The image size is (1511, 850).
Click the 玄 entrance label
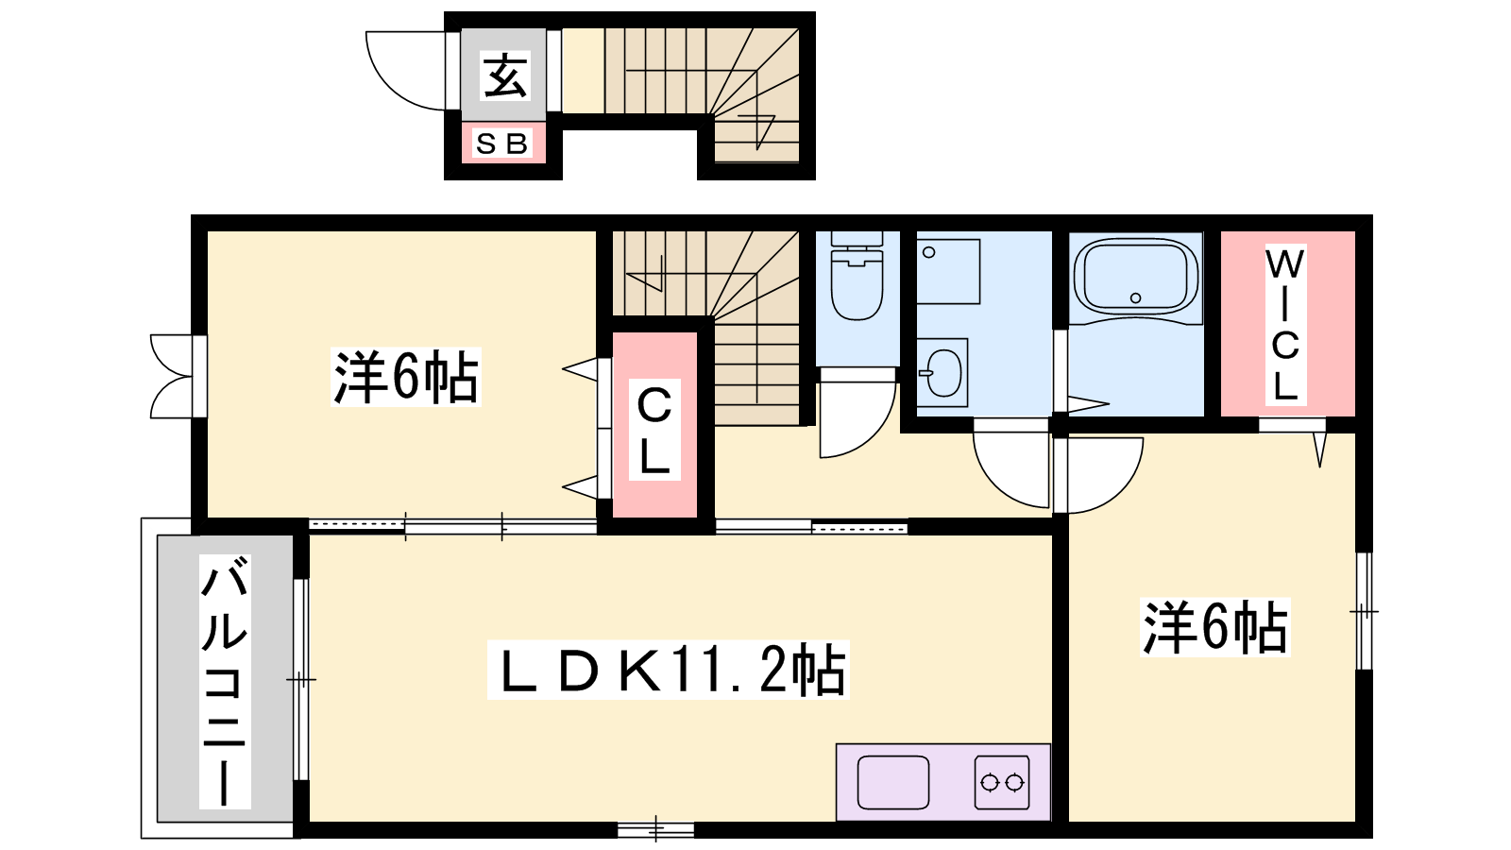pyautogui.click(x=504, y=76)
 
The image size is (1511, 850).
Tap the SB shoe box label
pyautogui.click(x=501, y=143)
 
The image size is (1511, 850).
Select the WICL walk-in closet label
pyautogui.click(x=1285, y=325)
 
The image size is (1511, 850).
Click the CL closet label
pyautogui.click(x=654, y=431)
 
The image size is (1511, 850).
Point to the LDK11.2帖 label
pyautogui.click(x=669, y=670)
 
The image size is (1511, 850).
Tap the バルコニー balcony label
pyautogui.click(x=225, y=681)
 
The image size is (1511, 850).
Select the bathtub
pyautogui.click(x=1136, y=276)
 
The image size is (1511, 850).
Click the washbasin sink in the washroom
pyautogui.click(x=942, y=372)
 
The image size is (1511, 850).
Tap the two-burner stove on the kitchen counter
pyautogui.click(x=1002, y=783)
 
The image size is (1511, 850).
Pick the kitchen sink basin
pyautogui.click(x=893, y=783)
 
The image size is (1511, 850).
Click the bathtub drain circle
pyautogui.click(x=1135, y=298)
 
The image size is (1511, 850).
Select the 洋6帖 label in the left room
pyautogui.click(x=405, y=377)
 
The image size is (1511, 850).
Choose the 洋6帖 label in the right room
pyautogui.click(x=1214, y=627)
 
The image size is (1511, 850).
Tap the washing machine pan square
pyautogui.click(x=948, y=271)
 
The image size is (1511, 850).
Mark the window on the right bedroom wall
pyautogui.click(x=1364, y=611)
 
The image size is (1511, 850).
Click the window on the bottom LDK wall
pyautogui.click(x=655, y=829)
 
